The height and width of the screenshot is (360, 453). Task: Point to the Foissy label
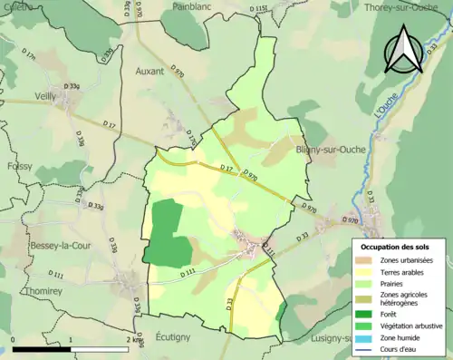tap(19, 167)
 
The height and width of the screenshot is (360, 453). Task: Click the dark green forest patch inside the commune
tap(161, 232)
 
